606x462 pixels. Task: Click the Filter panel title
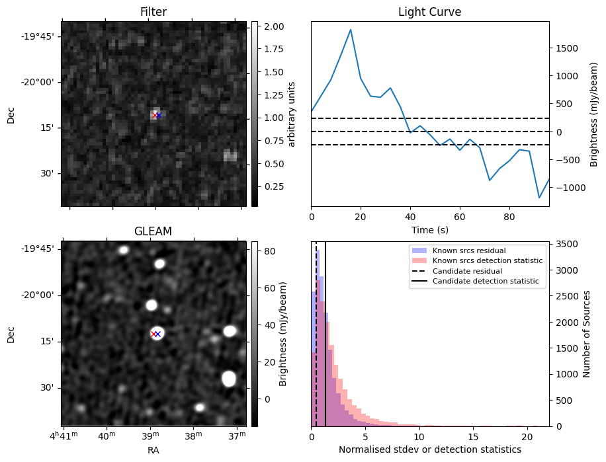153,12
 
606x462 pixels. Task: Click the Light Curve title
429,12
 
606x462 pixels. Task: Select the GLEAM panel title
153,231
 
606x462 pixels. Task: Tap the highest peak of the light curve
350,30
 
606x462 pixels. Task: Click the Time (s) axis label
429,229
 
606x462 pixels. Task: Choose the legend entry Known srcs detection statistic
487,261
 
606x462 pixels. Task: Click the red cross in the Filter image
155,116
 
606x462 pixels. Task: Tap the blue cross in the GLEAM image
158,334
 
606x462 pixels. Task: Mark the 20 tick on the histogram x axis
527,436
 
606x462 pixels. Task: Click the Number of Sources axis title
586,334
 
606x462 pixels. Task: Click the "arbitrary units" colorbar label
292,114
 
